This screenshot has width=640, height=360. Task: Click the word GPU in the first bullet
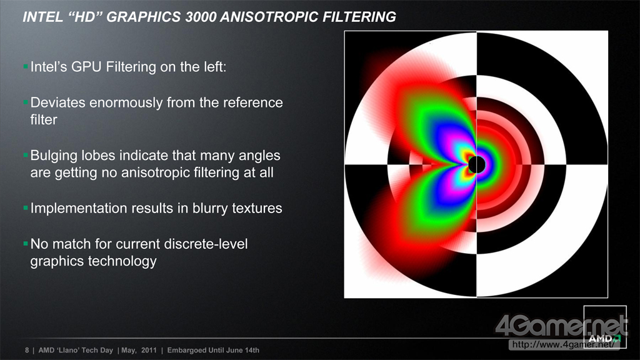point(86,66)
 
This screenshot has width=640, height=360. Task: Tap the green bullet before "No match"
point(26,244)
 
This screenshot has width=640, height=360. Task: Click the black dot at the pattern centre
point(476,164)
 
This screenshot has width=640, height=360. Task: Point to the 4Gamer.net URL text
point(563,344)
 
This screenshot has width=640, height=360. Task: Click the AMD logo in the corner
point(604,339)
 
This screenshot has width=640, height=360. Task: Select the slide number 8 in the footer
point(27,350)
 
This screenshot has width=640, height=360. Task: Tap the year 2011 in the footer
point(149,350)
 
